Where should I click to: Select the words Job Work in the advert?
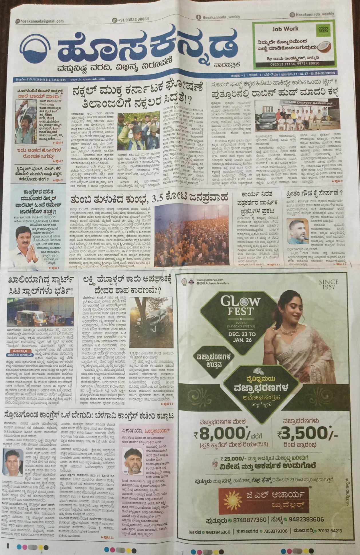pyautogui.click(x=285, y=29)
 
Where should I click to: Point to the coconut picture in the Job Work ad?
pyautogui.click(x=324, y=46)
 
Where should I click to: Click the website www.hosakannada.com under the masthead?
pyautogui.click(x=87, y=79)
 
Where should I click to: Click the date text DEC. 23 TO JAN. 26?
pyautogui.click(x=242, y=337)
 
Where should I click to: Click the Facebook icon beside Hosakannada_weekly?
pyautogui.click(x=198, y=17)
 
